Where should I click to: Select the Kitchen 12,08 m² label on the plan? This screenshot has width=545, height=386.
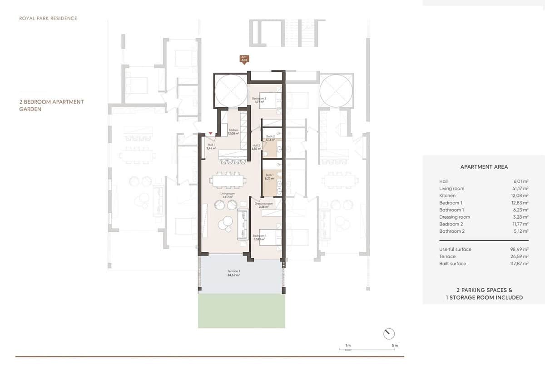click(x=233, y=132)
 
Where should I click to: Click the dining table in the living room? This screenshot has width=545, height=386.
click(x=229, y=181)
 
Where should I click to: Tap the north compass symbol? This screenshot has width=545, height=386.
click(x=389, y=334)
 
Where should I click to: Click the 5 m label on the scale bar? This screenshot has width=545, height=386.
click(x=395, y=346)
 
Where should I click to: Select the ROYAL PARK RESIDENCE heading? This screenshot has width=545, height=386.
click(x=48, y=19)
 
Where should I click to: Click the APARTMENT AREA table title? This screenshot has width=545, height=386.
click(x=484, y=167)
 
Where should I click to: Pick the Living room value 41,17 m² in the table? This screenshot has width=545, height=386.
click(x=519, y=189)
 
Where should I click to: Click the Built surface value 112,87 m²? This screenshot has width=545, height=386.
click(x=517, y=264)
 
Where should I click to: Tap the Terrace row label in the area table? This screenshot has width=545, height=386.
click(x=447, y=256)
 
